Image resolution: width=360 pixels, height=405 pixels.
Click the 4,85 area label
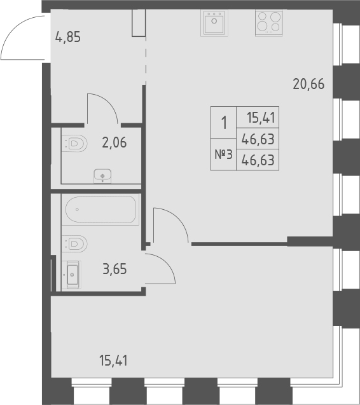[69, 37]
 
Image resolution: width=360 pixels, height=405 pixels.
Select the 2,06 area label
[114, 142]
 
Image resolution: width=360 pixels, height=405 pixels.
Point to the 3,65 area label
[114, 268]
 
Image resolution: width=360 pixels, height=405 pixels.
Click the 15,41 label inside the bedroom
[114, 361]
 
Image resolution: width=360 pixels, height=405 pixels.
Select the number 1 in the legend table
[223, 122]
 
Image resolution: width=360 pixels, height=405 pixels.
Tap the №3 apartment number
[223, 156]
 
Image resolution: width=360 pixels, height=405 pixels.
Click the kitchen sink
[214, 24]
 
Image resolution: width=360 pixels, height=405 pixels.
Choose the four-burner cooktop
[268, 24]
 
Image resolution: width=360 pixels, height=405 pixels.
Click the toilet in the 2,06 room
[74, 144]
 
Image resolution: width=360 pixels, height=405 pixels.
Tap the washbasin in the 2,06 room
[102, 174]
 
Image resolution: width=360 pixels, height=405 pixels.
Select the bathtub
[100, 209]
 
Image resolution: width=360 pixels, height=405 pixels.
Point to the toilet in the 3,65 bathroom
[74, 243]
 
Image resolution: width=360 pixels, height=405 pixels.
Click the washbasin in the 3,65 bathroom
[72, 276]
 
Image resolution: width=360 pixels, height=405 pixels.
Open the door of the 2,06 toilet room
[102, 108]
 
